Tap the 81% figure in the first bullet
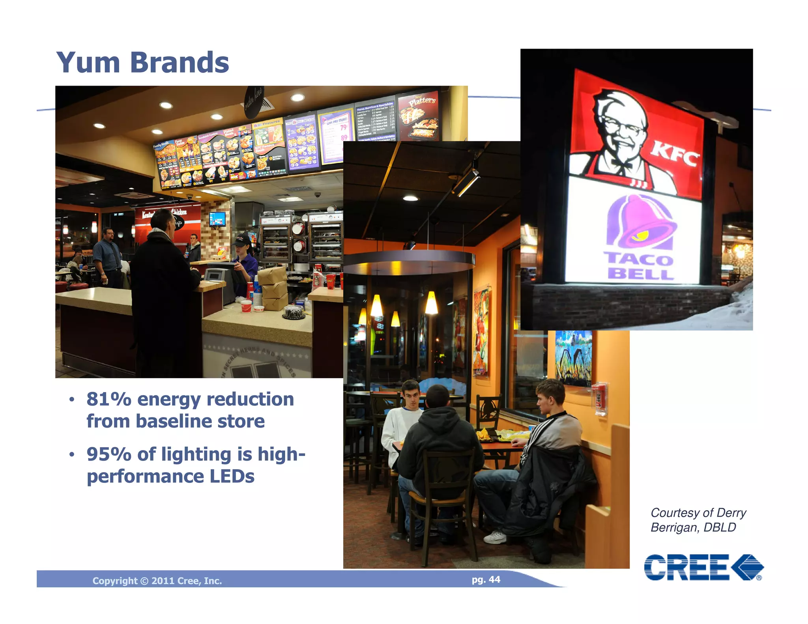(109, 399)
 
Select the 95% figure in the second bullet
(109, 454)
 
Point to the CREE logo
(703, 567)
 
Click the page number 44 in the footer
(494, 579)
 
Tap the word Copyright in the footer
(115, 581)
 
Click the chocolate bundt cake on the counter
(293, 312)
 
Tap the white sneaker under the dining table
(495, 537)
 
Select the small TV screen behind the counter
(217, 219)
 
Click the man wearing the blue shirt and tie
(107, 256)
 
